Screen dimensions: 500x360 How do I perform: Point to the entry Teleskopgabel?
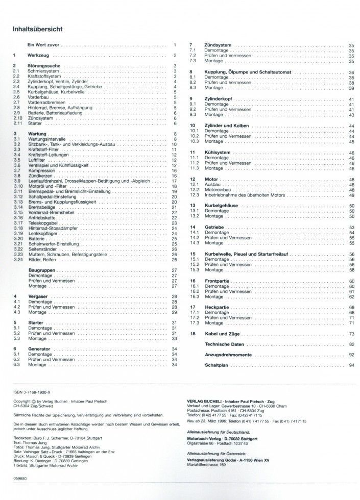(x=41, y=223)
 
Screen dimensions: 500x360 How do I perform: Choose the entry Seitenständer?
(x=42, y=248)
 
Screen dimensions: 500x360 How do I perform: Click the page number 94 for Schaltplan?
(x=351, y=366)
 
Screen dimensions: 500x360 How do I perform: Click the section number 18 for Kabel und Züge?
(x=193, y=333)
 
